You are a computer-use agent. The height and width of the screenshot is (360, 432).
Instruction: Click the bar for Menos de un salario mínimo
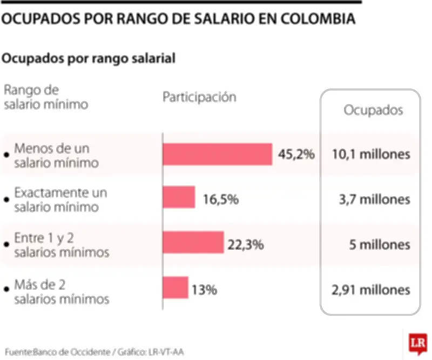[217, 154]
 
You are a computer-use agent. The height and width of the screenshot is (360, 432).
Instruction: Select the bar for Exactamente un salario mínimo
[179, 197]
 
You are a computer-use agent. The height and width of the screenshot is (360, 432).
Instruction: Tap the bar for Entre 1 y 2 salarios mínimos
[193, 242]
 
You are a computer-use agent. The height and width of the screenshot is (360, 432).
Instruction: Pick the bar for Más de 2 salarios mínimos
[175, 287]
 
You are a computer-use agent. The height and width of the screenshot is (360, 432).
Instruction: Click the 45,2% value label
[296, 155]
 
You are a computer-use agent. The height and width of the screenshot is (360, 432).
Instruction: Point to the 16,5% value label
[221, 200]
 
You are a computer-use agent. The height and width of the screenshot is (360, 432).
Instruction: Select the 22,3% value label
[246, 245]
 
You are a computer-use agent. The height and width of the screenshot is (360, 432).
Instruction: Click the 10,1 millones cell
[370, 155]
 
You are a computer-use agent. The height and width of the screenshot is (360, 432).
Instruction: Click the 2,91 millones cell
[370, 290]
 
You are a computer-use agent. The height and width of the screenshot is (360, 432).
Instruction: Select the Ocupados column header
[374, 110]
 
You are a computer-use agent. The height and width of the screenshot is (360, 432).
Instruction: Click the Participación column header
[200, 97]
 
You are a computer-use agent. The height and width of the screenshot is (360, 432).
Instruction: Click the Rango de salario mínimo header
[45, 97]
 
